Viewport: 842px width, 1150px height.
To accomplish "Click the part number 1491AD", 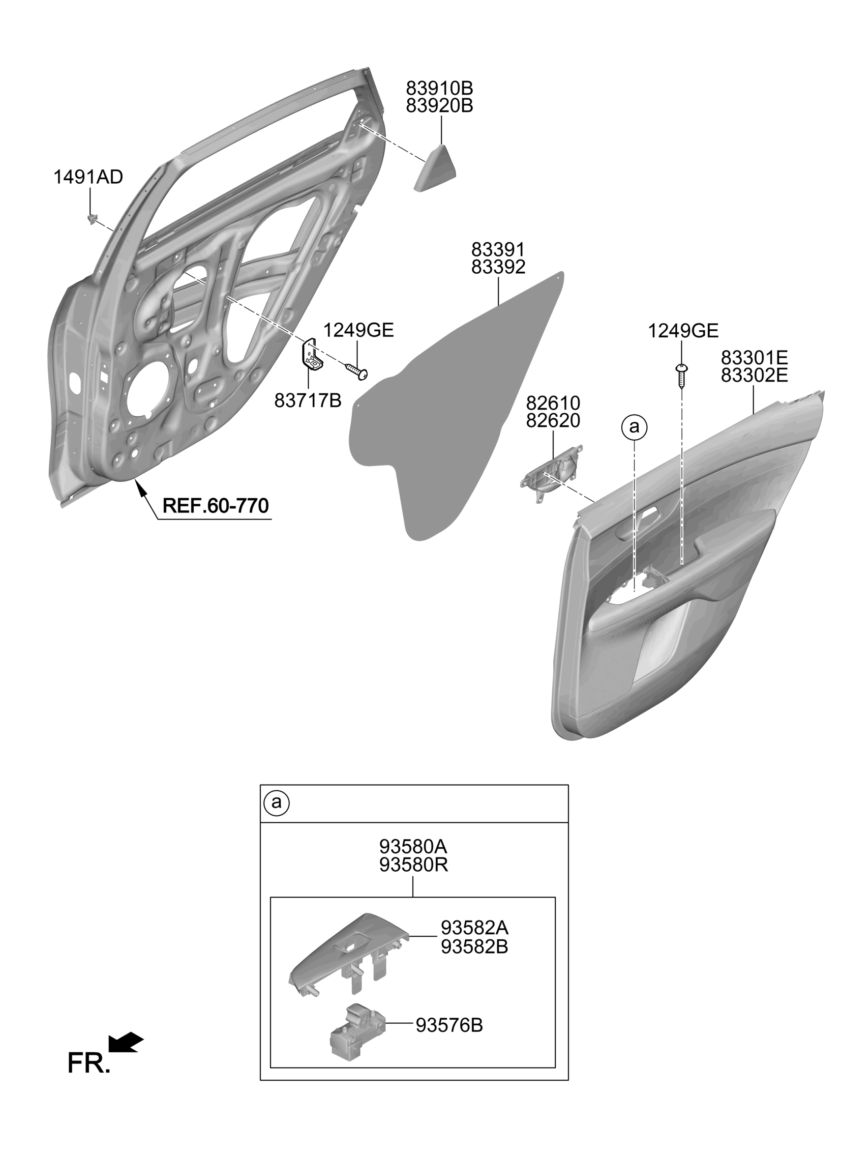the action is click(x=88, y=177).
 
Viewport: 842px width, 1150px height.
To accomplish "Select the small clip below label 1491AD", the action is click(x=91, y=219).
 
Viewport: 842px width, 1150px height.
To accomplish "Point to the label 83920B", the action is click(x=439, y=106).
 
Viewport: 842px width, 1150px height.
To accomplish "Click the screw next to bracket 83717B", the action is click(x=357, y=371).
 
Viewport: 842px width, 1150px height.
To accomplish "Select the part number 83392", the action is click(x=498, y=267).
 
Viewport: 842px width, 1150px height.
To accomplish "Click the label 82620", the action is click(x=553, y=421).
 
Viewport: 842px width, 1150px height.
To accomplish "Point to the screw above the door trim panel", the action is click(x=681, y=376).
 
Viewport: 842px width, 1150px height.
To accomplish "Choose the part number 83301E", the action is click(x=755, y=358).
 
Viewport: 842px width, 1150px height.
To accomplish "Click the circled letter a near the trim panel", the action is click(x=635, y=427).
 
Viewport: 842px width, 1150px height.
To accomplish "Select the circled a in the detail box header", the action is click(x=276, y=802).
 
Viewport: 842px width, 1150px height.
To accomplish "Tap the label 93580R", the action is click(x=413, y=865).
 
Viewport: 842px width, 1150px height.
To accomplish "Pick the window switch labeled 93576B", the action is click(x=357, y=1030).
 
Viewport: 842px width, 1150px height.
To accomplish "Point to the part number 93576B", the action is click(x=449, y=1025).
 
